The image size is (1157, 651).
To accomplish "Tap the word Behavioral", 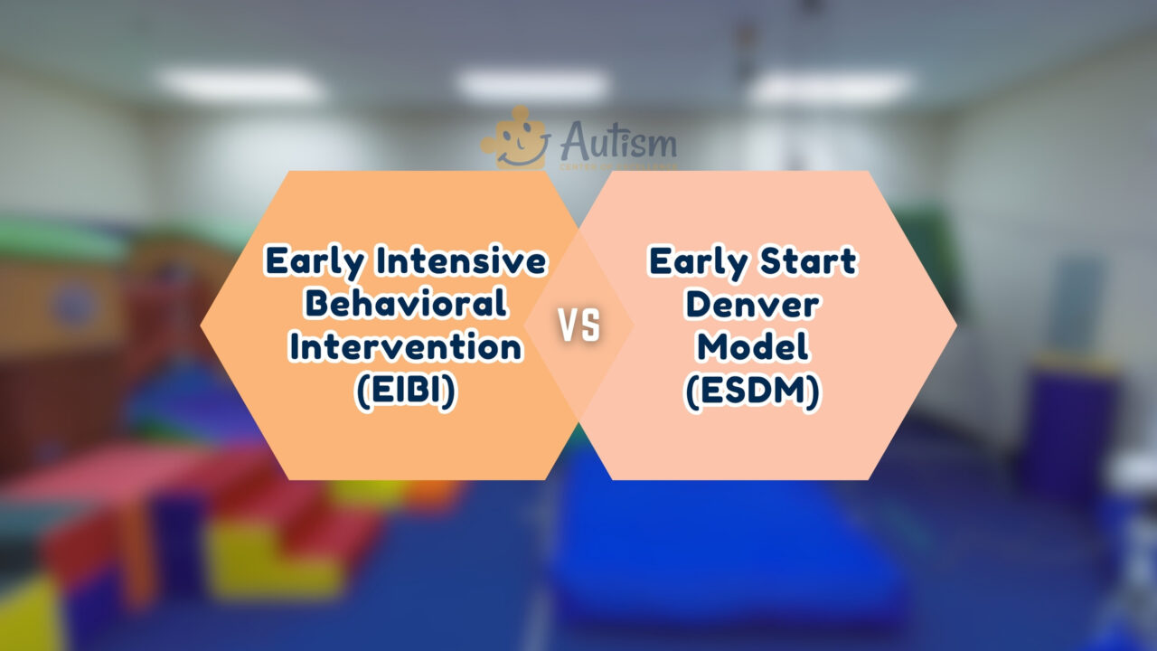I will [406, 305].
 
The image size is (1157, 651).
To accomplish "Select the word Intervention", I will [406, 347].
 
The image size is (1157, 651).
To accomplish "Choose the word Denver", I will [752, 305].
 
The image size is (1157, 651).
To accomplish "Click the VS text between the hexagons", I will [578, 326].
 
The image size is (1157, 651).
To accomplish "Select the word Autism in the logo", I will [618, 142].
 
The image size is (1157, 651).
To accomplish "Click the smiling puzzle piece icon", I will [515, 138].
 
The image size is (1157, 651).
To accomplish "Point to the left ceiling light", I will [240, 86].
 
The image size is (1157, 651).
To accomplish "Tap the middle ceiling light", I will [533, 86].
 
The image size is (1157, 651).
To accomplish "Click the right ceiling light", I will [830, 88].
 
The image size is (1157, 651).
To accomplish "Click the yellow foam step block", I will [262, 552].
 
